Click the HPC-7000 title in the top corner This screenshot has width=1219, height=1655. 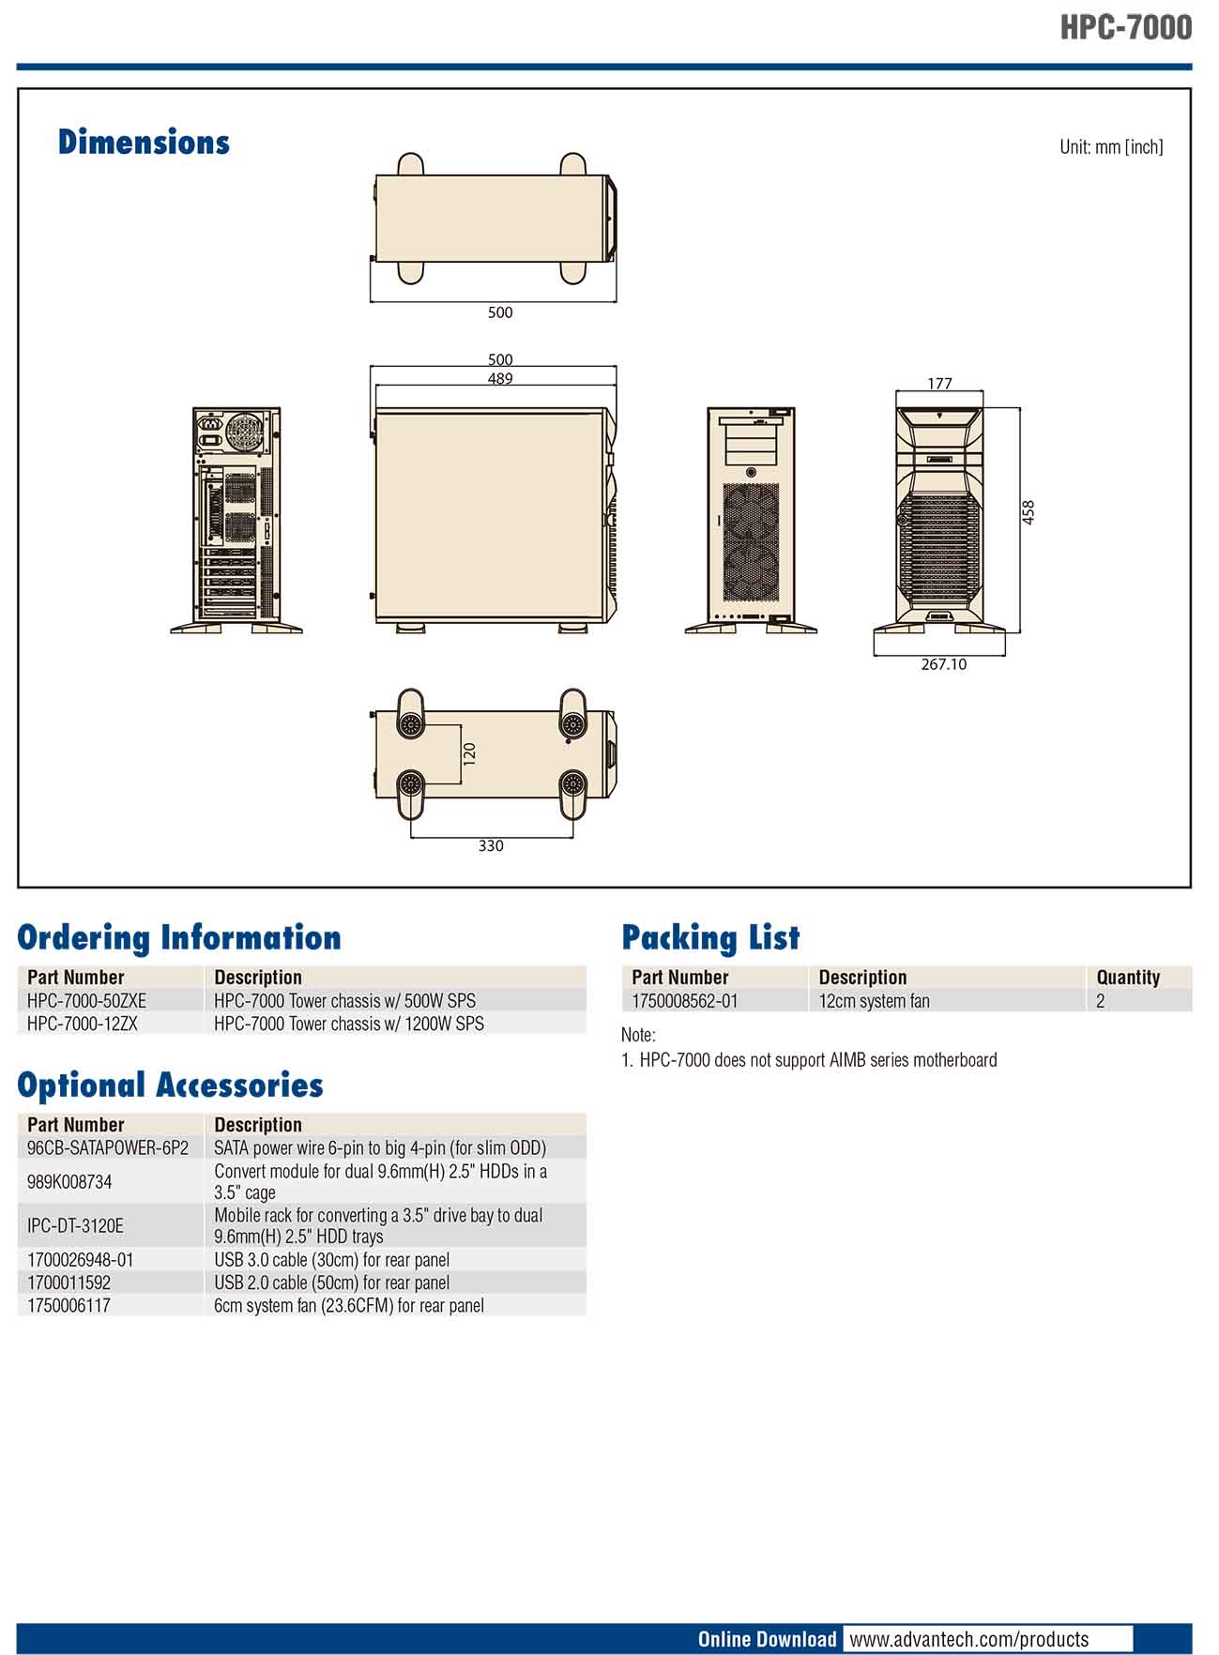[1126, 27]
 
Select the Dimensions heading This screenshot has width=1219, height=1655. [144, 143]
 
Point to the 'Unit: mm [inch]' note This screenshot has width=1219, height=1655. [1111, 147]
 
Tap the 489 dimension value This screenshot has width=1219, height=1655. [500, 379]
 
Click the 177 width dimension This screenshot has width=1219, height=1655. [939, 384]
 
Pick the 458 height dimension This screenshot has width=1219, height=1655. [1029, 512]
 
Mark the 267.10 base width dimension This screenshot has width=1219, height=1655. [943, 664]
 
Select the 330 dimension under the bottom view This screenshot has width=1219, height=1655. [491, 845]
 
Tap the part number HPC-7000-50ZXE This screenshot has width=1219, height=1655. [87, 1001]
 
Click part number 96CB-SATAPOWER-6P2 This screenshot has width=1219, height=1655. [108, 1147]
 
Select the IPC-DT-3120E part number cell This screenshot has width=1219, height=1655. [75, 1225]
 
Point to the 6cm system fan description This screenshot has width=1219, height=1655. [349, 1305]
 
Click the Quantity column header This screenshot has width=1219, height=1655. [1128, 978]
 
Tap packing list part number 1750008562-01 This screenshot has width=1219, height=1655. [685, 1001]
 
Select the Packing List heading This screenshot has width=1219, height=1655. [710, 937]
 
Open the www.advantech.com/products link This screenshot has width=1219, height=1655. [968, 1639]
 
